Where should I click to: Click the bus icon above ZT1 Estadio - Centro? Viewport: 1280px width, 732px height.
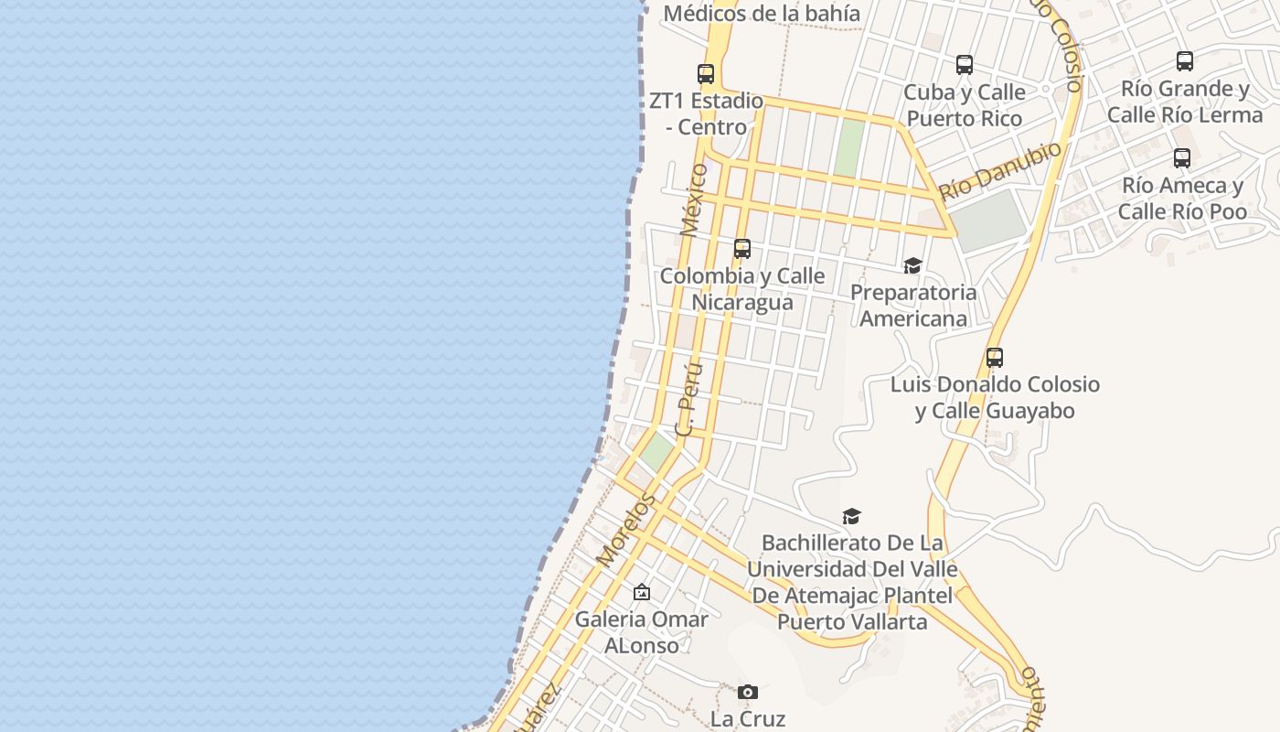[706, 74]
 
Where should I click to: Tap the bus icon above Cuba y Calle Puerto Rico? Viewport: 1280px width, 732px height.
[965, 65]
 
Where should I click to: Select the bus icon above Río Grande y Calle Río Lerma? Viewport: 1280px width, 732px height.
[1185, 61]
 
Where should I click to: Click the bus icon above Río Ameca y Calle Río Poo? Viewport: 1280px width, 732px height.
[1182, 158]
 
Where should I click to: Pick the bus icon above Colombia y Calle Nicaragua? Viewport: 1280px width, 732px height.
[742, 249]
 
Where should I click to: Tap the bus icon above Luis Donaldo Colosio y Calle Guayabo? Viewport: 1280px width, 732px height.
[995, 358]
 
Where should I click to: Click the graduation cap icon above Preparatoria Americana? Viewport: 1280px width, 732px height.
[912, 266]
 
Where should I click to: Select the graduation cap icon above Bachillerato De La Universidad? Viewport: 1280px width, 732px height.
[852, 517]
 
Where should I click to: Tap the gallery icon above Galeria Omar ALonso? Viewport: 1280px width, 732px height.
[642, 593]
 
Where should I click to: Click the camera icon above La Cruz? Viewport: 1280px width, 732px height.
[748, 693]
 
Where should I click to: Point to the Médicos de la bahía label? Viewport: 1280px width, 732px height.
[762, 14]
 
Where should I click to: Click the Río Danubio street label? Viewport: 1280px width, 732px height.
[1001, 171]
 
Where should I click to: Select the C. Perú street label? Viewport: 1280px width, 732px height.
[689, 398]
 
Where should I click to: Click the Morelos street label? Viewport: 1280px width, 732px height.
[626, 529]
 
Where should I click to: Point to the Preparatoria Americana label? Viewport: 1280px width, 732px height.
[913, 306]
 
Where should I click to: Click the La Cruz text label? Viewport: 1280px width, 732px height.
[748, 719]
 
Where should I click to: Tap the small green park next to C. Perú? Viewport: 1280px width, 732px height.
[656, 450]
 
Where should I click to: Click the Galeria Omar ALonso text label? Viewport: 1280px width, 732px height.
[642, 632]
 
